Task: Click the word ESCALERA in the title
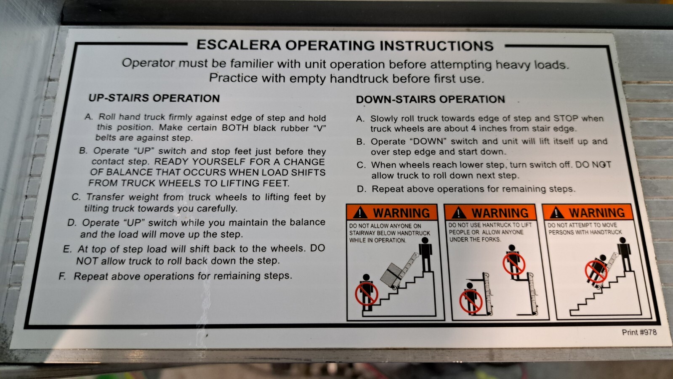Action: (238, 45)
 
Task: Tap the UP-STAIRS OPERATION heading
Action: (154, 98)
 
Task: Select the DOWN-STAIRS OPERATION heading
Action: (430, 99)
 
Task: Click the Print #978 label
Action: (639, 332)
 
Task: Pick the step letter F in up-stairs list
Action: (62, 276)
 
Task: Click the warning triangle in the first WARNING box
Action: (360, 213)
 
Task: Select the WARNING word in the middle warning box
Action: (500, 213)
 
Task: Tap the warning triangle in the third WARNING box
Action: (556, 213)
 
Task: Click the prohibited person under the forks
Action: (470, 297)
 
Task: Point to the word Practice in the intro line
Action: (233, 78)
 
